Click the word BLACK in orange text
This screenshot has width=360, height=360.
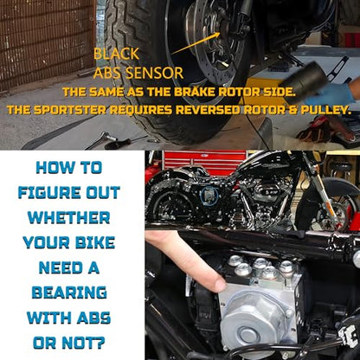(116, 54)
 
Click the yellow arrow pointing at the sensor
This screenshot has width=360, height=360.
(196, 43)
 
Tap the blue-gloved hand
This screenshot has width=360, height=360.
(331, 93)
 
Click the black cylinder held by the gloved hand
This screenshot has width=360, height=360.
(301, 82)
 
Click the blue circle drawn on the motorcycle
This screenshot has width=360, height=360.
(210, 196)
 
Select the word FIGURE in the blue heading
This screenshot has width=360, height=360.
(49, 192)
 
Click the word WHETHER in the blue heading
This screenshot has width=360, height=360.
(68, 217)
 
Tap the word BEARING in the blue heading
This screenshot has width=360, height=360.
(69, 292)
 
